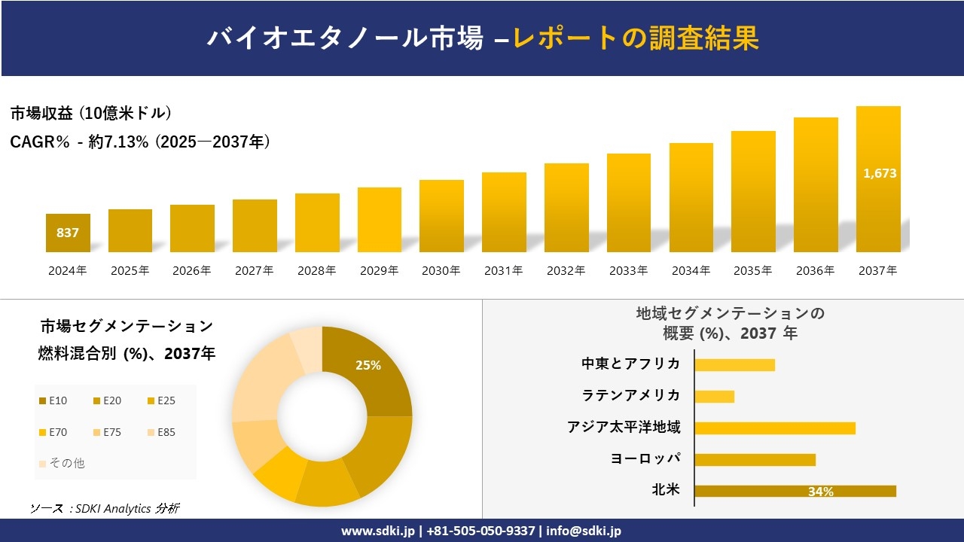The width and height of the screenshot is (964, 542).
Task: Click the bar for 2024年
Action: (x=68, y=233)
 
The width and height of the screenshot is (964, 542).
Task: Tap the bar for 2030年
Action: (x=441, y=216)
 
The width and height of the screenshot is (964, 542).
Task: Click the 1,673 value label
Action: (x=880, y=173)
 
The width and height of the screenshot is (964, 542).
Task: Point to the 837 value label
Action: (x=68, y=233)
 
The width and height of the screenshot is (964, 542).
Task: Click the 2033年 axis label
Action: (x=628, y=271)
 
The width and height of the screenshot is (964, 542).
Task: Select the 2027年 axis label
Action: (x=254, y=271)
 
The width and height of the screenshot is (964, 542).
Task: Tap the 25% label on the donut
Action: (x=368, y=365)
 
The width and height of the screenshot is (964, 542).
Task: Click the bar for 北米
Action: (x=795, y=491)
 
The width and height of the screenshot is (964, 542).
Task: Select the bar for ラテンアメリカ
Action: (x=714, y=396)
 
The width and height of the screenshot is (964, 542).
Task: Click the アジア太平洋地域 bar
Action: (x=774, y=428)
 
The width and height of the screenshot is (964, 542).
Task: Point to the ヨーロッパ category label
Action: (x=645, y=458)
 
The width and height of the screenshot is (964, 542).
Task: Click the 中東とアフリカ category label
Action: (x=630, y=364)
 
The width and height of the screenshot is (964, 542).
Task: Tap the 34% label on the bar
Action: (x=820, y=492)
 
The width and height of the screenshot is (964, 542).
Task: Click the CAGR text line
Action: (x=140, y=142)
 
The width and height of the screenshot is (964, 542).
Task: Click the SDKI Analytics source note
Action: (x=105, y=508)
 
